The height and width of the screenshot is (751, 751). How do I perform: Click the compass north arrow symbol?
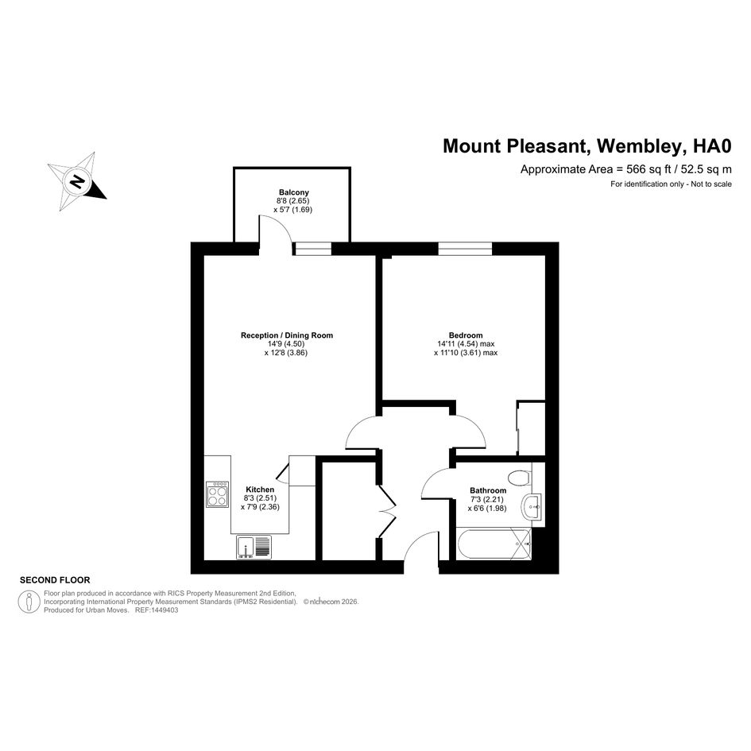click(x=76, y=181)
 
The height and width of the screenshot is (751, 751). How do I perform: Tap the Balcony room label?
click(x=293, y=192)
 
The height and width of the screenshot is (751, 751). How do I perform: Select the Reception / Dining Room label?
click(x=286, y=335)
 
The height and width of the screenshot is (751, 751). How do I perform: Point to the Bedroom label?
click(x=466, y=335)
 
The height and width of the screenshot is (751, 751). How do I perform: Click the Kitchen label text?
click(x=260, y=490)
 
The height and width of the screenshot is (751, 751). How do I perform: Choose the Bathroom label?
click(x=488, y=490)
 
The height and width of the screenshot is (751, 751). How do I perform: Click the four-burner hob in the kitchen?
click(x=218, y=494)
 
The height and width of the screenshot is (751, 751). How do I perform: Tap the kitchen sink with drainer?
click(x=254, y=547)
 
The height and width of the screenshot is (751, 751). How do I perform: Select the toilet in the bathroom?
click(x=519, y=478)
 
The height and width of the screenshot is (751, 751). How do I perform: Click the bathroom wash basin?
click(x=532, y=507)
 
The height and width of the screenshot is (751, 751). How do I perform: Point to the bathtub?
click(x=494, y=544)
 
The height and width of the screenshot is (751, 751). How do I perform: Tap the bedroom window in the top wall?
click(x=465, y=249)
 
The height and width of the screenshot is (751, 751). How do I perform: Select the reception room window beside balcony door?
click(x=313, y=249)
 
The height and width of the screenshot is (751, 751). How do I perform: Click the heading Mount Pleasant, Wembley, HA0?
click(x=587, y=145)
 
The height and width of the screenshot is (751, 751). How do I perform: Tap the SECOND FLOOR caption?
click(x=55, y=580)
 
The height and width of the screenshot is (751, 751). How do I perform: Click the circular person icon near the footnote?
click(x=29, y=602)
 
